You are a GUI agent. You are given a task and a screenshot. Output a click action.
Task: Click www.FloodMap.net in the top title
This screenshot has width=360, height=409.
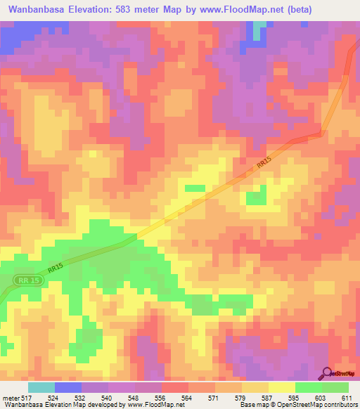tap(236, 9)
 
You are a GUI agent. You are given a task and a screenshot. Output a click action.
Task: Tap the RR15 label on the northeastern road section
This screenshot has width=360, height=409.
tap(263, 162)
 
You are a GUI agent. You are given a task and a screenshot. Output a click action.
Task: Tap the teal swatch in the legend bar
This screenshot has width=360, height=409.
tap(41, 387)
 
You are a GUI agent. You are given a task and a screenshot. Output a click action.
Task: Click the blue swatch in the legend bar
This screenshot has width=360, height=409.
tap(68, 387)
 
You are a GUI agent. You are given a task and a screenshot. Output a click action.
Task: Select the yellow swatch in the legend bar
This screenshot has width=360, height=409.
tap(282, 387)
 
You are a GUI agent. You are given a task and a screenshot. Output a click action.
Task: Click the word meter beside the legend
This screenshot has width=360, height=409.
tap(11, 397)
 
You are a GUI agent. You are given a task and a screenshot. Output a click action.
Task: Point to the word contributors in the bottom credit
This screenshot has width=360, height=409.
tap(338, 405)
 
